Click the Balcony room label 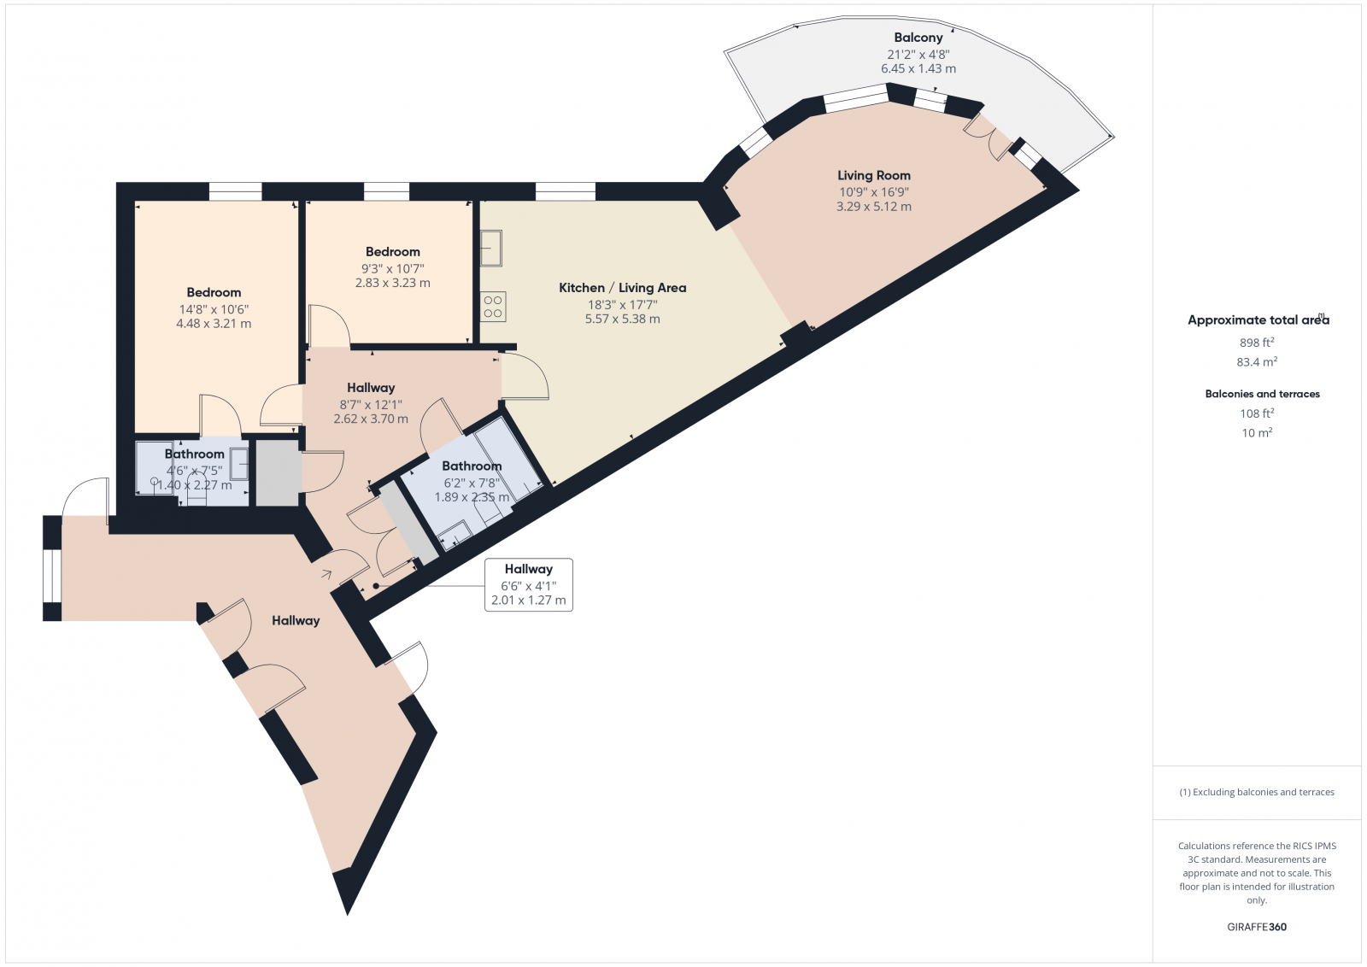918,38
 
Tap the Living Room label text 873,175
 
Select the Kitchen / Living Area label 622,288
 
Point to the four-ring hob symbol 493,307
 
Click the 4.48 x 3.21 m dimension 214,324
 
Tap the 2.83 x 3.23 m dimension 392,283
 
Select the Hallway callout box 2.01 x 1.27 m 528,585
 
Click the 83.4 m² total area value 1257,362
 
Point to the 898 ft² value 1257,343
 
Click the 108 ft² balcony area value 1257,413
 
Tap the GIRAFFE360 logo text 1257,927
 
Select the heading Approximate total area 1258,320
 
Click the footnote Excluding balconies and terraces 1257,792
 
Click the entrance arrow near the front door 326,574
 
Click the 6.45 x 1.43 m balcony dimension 918,68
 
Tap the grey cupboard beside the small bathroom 278,472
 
